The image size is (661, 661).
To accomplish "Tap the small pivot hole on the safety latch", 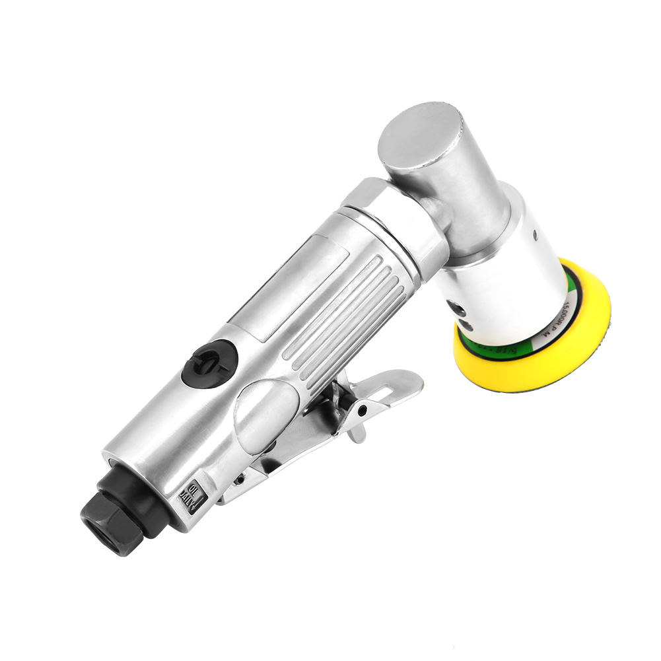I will pyautogui.click(x=362, y=410).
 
